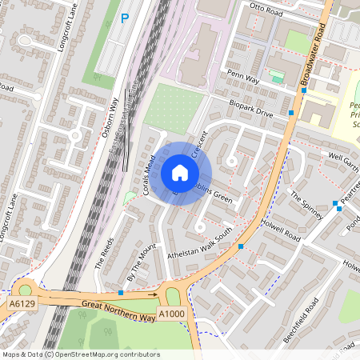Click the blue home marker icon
(180, 173)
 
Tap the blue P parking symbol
(124, 18)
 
